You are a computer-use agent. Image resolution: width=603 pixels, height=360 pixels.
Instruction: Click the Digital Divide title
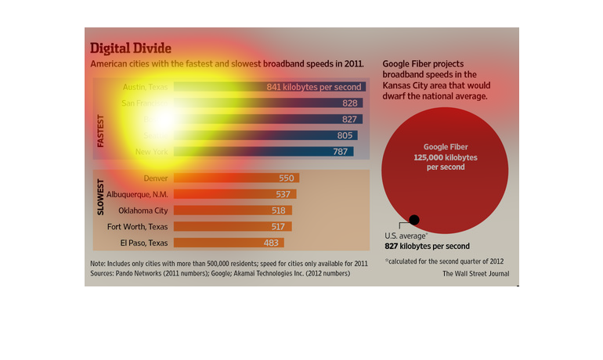click(x=131, y=48)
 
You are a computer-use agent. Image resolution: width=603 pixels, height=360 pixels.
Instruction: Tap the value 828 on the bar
click(x=350, y=103)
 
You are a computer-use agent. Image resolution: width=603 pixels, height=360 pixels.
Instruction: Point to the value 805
click(x=345, y=135)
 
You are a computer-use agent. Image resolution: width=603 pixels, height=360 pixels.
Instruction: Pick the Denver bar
click(x=236, y=178)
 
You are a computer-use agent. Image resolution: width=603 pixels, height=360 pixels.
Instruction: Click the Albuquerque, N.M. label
click(x=132, y=194)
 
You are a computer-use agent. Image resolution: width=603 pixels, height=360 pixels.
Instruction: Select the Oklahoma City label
click(x=143, y=211)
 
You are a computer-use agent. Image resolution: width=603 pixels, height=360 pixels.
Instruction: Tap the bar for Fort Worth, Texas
click(x=232, y=226)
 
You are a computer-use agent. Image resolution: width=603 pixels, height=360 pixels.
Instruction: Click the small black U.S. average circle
click(x=414, y=220)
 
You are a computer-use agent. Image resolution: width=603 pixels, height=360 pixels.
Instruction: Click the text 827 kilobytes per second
click(x=427, y=246)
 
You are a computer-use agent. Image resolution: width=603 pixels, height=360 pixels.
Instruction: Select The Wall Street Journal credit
click(x=475, y=274)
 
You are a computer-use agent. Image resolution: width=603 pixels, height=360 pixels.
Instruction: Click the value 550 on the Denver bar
click(x=286, y=178)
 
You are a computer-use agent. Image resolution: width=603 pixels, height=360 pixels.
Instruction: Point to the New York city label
click(x=151, y=151)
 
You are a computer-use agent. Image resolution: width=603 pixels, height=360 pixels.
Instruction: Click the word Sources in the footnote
click(x=103, y=274)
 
